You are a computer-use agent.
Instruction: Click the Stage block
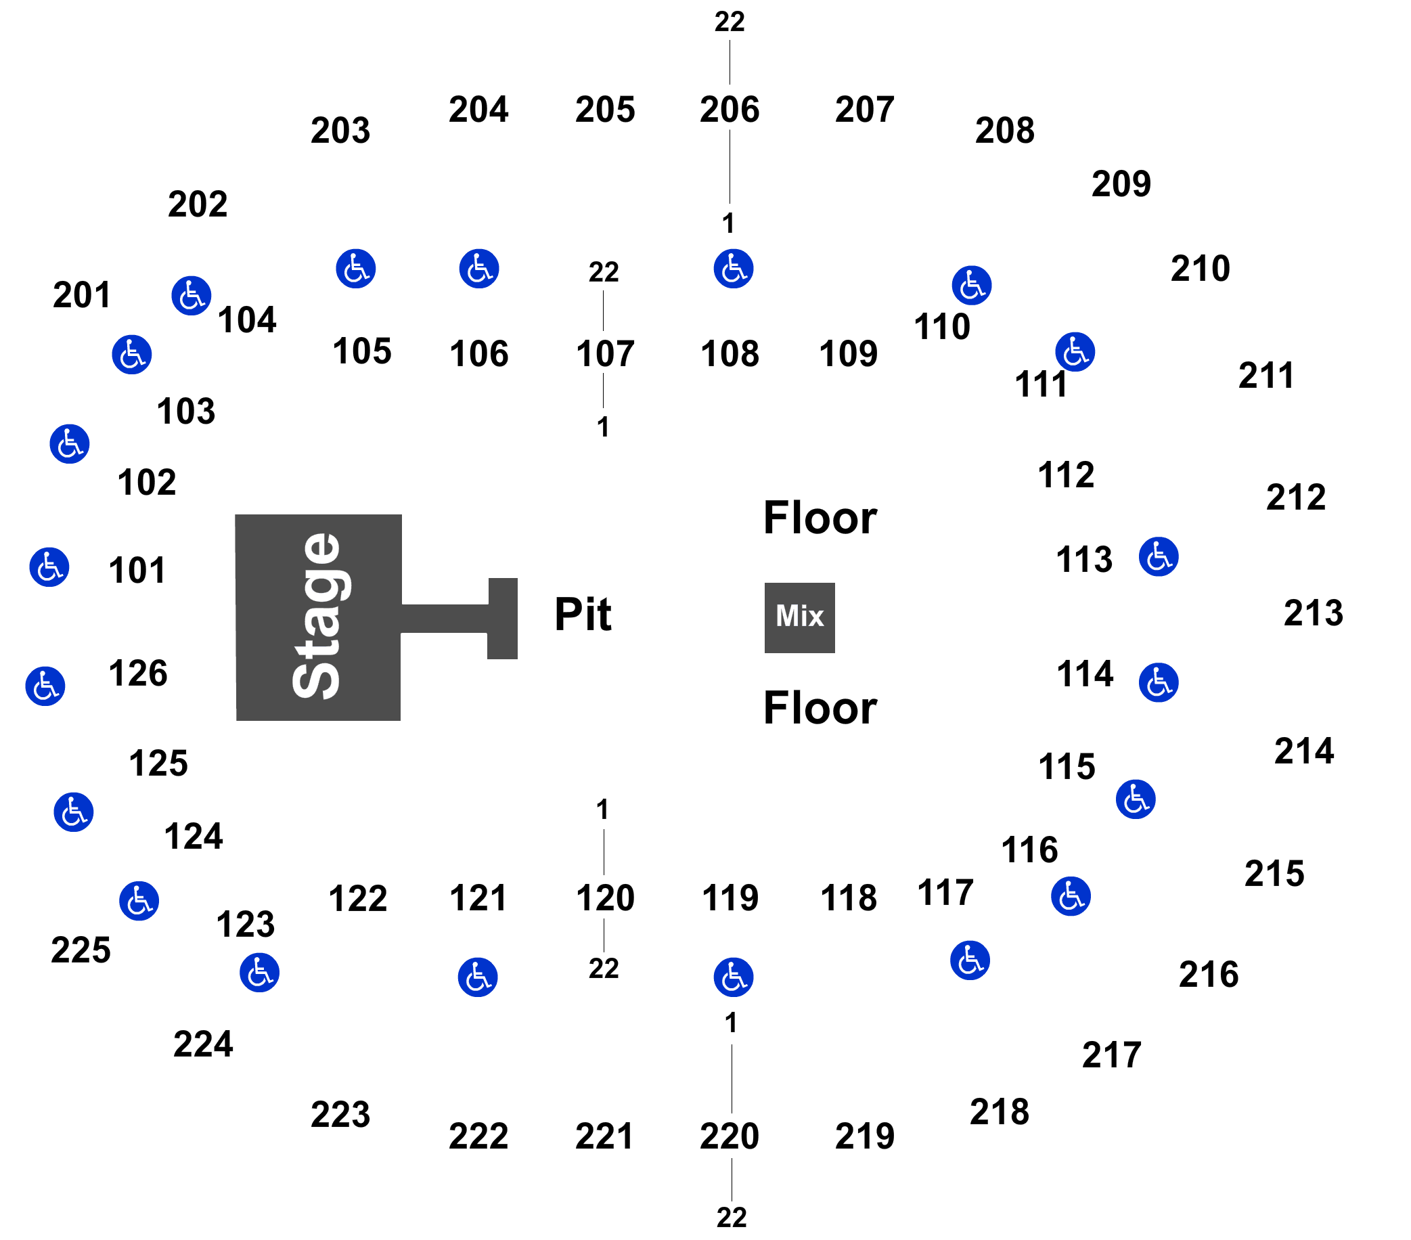pyautogui.click(x=318, y=617)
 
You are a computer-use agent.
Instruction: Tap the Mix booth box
pyautogui.click(x=799, y=617)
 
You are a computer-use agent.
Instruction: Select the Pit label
pyautogui.click(x=583, y=614)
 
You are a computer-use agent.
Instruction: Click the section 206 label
pyautogui.click(x=729, y=110)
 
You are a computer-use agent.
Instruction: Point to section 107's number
pyautogui.click(x=605, y=353)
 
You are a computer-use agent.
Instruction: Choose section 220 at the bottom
pyautogui.click(x=729, y=1136)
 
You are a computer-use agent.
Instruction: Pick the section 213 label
pyautogui.click(x=1313, y=613)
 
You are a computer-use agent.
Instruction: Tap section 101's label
pyautogui.click(x=137, y=571)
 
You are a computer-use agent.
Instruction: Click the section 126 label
pyautogui.click(x=138, y=673)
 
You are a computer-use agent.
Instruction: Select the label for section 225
pyautogui.click(x=81, y=950)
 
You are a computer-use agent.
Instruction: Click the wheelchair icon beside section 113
pyautogui.click(x=1159, y=556)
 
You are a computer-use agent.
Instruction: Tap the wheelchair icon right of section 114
pyautogui.click(x=1159, y=683)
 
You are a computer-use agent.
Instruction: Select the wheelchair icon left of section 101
pyautogui.click(x=49, y=567)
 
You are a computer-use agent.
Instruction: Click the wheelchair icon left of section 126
pyautogui.click(x=45, y=686)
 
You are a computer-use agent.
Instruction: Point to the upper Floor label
pyautogui.click(x=820, y=518)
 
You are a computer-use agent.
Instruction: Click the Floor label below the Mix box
pyautogui.click(x=820, y=708)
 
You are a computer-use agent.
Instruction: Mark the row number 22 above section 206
pyautogui.click(x=730, y=22)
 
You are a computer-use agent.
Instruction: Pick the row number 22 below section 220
pyautogui.click(x=732, y=1218)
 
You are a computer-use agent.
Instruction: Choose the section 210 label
pyautogui.click(x=1201, y=269)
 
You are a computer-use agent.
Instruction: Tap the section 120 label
pyautogui.click(x=605, y=898)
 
